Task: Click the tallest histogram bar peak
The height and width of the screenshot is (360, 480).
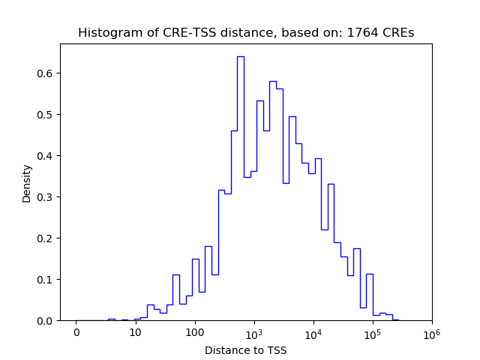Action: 240,57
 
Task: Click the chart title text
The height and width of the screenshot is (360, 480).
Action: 246,33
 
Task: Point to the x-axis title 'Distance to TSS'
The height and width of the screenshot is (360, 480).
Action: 246,349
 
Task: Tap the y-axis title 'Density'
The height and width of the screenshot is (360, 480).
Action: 27,183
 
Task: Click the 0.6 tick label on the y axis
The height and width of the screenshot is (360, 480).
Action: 46,73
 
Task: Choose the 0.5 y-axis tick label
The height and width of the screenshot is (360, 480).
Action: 46,115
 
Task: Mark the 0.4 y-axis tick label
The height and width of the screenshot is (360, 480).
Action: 46,156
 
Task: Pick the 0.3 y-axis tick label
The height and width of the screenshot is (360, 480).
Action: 46,197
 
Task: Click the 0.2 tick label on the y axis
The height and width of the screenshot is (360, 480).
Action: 46,238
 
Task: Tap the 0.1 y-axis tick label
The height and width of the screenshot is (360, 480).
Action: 46,280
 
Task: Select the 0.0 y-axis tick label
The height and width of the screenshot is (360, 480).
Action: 46,321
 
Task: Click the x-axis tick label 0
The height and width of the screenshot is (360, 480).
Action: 76,332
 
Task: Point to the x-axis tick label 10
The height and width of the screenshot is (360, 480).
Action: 135,332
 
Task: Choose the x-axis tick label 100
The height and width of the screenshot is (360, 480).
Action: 194,332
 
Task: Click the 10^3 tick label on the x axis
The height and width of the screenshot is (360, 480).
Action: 253,331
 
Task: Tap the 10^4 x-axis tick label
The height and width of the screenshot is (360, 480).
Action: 313,331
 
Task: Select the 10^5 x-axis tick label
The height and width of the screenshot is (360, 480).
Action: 372,331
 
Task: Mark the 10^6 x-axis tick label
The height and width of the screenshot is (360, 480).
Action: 431,331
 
